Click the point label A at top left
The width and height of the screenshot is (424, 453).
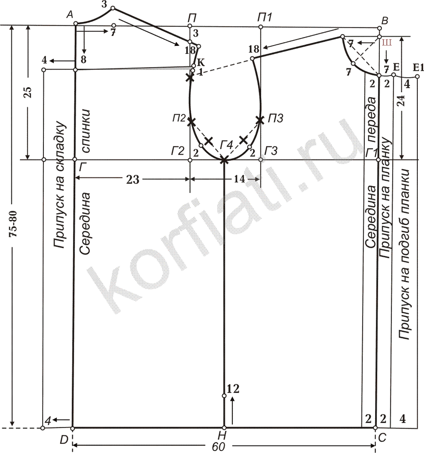(x=70, y=14)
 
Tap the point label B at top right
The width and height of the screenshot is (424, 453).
(x=385, y=21)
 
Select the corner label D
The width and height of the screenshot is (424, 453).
(x=64, y=439)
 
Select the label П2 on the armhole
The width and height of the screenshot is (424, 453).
(x=179, y=118)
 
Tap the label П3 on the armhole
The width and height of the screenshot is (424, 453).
(x=275, y=118)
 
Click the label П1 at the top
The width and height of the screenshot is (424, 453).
(x=265, y=17)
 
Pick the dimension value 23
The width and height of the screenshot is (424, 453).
(x=133, y=180)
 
